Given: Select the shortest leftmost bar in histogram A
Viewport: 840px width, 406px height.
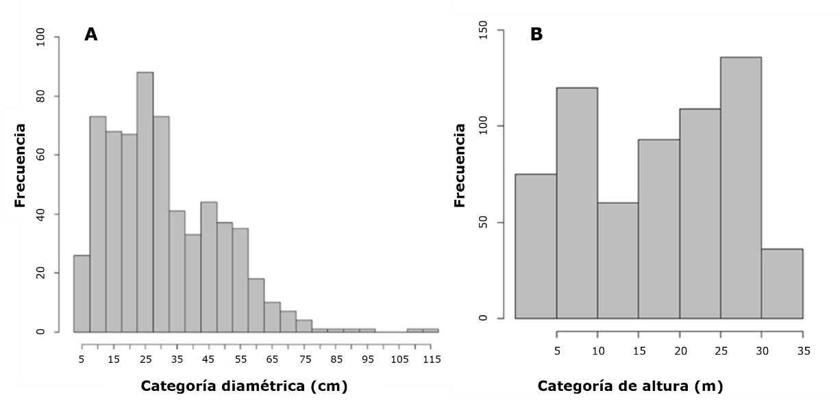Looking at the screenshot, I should click(82, 294).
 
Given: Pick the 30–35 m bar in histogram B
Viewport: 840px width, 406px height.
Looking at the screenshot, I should click(782, 283).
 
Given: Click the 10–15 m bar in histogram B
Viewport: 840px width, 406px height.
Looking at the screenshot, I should click(618, 260).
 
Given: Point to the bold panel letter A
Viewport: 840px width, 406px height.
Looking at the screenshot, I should click(91, 35).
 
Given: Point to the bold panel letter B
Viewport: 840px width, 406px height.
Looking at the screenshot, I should click(536, 34).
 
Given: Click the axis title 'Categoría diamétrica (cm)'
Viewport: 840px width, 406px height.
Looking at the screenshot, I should click(244, 386).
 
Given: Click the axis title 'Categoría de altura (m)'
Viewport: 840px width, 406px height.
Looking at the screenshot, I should click(630, 386).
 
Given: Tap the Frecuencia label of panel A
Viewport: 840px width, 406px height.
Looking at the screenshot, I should click(21, 164).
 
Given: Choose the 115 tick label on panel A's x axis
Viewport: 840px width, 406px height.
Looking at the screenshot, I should click(430, 359).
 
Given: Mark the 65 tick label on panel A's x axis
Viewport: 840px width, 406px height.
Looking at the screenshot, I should click(272, 359).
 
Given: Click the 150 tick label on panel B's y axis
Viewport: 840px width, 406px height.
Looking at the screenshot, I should click(482, 30).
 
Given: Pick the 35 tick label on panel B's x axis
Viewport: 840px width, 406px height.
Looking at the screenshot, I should click(803, 351).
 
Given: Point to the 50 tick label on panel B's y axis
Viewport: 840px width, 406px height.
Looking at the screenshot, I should click(482, 223).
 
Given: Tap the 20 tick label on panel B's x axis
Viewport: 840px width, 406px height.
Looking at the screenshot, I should click(680, 351).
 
